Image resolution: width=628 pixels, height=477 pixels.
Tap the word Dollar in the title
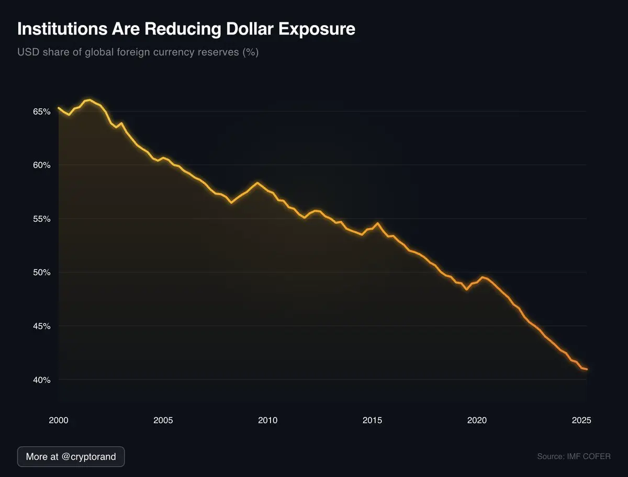248,29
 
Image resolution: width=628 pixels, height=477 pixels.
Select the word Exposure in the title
317,29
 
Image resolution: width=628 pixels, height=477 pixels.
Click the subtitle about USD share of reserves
138,53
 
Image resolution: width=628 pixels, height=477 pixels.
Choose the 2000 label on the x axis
58,420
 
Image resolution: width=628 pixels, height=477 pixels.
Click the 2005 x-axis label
163,420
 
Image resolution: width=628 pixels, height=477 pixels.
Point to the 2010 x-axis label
267,420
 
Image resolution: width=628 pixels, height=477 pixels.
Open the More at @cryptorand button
71,457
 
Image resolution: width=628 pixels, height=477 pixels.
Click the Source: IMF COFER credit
574,457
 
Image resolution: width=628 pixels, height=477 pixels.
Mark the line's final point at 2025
587,369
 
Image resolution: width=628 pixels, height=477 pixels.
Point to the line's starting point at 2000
58,108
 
